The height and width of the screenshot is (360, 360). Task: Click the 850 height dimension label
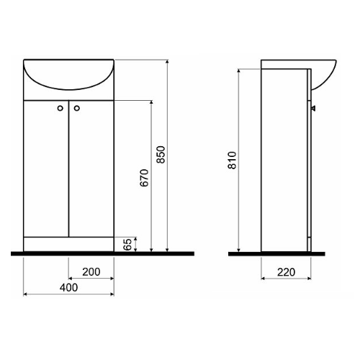tap(161, 155)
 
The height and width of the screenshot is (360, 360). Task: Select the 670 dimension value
tap(144, 178)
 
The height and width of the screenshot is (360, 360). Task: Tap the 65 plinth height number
tap(127, 244)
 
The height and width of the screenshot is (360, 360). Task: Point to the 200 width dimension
tap(91, 272)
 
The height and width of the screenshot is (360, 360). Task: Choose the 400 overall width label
tap(68, 287)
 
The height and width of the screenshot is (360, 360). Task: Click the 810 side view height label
tap(233, 161)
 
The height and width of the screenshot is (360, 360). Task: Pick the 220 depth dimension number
tap(286, 272)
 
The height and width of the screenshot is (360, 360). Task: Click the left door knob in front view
tap(60, 108)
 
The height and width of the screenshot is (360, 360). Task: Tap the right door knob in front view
tap(77, 108)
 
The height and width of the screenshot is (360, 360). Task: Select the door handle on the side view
tap(313, 109)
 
